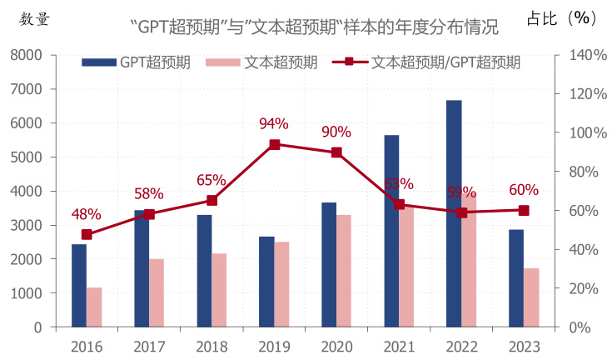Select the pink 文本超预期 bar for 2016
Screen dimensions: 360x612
coord(93,307)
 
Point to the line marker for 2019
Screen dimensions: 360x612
coord(274,144)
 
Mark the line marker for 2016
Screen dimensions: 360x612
coord(87,234)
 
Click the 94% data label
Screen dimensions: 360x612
coord(273,124)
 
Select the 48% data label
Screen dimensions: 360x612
coord(86,214)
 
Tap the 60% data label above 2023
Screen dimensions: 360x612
coord(524,190)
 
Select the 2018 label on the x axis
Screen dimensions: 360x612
coord(211,345)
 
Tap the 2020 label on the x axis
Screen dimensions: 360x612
coord(336,345)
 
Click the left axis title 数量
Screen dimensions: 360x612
coord(34,19)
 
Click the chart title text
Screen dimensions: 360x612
coord(315,27)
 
